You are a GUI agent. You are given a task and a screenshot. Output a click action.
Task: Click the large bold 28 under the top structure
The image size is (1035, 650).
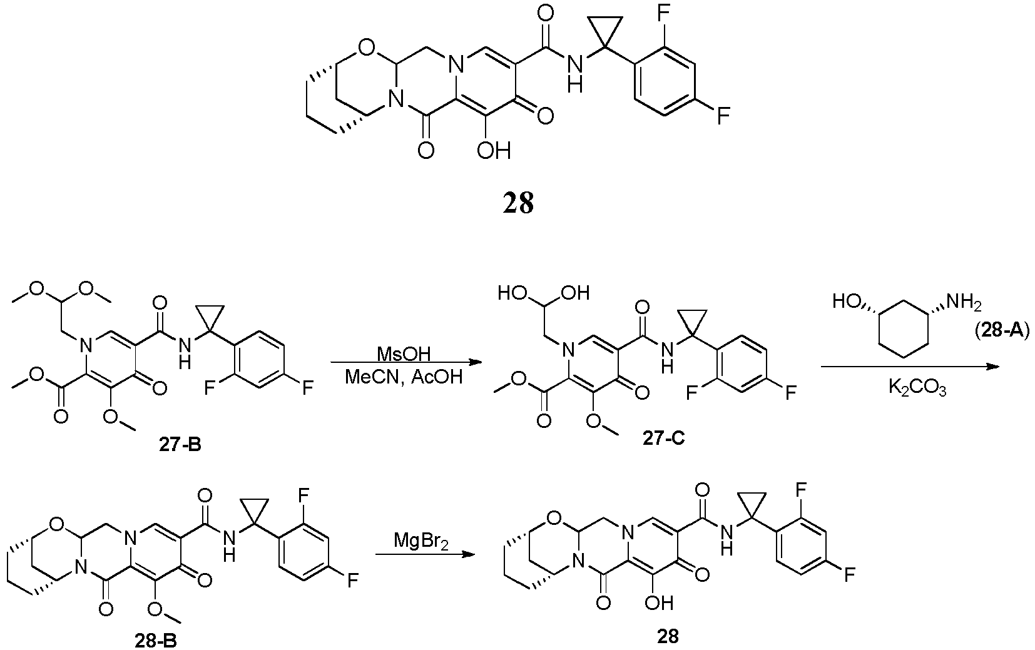(x=518, y=203)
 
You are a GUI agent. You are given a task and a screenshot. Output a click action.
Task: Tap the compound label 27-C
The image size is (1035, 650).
(x=663, y=438)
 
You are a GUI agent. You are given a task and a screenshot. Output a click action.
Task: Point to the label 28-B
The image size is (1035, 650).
(x=156, y=641)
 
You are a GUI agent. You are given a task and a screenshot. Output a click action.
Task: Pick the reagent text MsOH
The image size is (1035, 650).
(x=404, y=354)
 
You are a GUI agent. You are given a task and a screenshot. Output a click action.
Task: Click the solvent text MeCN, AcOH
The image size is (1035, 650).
(x=404, y=377)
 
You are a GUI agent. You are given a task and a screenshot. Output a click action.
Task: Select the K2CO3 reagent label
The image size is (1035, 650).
(x=917, y=388)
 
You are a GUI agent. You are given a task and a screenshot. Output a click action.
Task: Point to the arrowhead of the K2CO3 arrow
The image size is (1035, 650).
(x=992, y=367)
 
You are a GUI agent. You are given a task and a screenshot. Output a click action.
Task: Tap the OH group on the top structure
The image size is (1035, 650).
(x=494, y=151)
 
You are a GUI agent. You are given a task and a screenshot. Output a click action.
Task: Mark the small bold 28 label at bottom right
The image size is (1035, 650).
(x=668, y=637)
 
